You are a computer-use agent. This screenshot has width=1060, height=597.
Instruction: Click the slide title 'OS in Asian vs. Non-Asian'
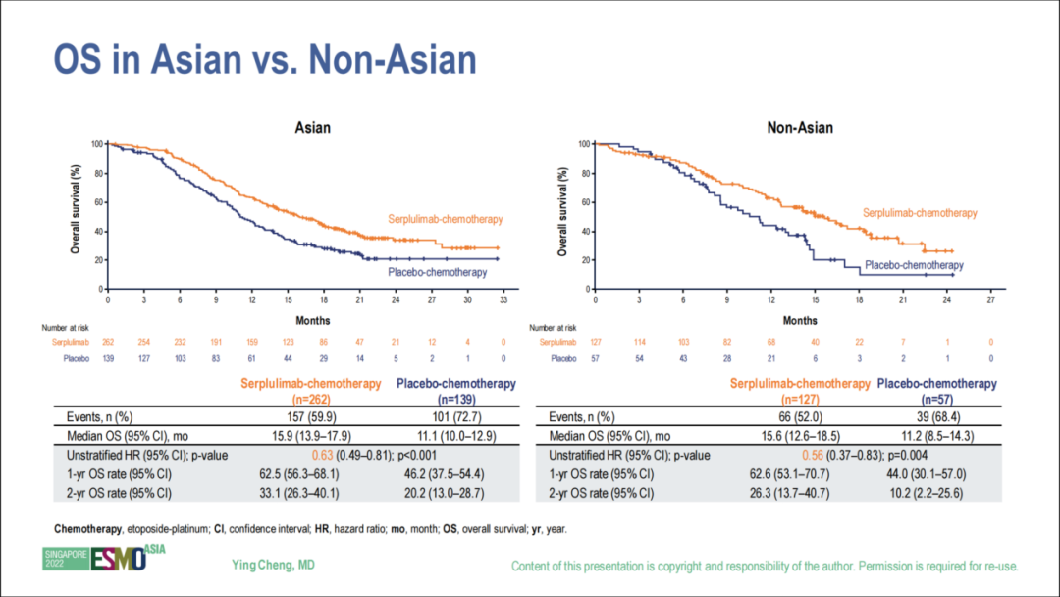[264, 61]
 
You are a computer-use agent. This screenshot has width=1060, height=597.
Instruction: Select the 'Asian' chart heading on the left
[313, 128]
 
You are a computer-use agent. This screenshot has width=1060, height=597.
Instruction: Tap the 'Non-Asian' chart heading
[800, 128]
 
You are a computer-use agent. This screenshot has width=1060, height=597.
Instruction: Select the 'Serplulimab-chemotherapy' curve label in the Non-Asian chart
[920, 213]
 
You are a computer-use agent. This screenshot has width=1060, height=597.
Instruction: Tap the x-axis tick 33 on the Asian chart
[503, 299]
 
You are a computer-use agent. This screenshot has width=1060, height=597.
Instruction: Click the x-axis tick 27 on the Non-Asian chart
[990, 299]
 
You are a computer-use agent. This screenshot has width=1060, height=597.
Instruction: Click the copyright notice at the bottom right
[765, 567]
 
